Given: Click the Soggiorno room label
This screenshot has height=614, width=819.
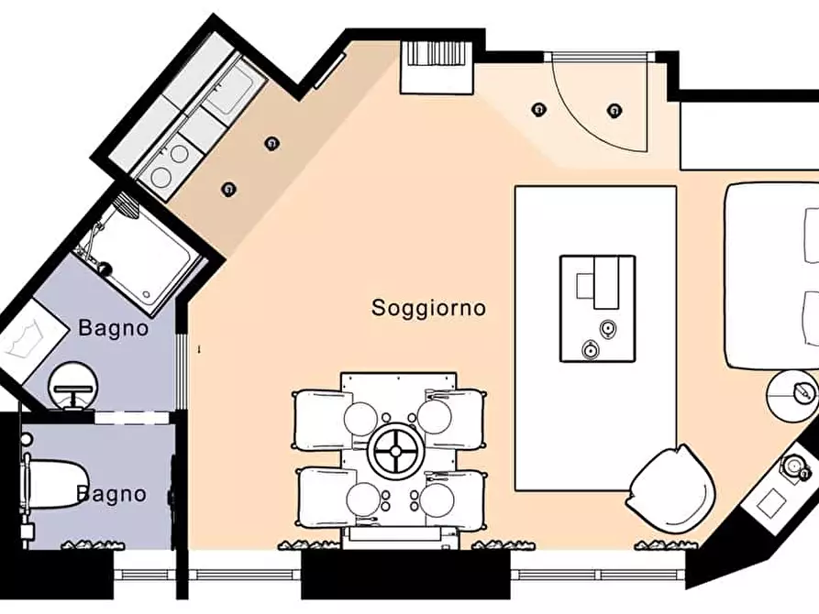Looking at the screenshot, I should pyautogui.click(x=428, y=307).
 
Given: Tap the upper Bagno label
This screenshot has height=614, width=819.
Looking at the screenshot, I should pyautogui.click(x=113, y=327).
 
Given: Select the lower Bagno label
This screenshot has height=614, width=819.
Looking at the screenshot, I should pyautogui.click(x=111, y=495).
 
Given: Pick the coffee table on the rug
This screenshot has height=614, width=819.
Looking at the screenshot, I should pyautogui.click(x=597, y=308).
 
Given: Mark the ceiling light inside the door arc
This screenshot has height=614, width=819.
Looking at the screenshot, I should pyautogui.click(x=612, y=111).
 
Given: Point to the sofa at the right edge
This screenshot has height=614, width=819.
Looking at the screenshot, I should pyautogui.click(x=773, y=275).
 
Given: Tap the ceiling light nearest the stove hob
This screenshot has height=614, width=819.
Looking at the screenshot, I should pyautogui.click(x=228, y=189).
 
